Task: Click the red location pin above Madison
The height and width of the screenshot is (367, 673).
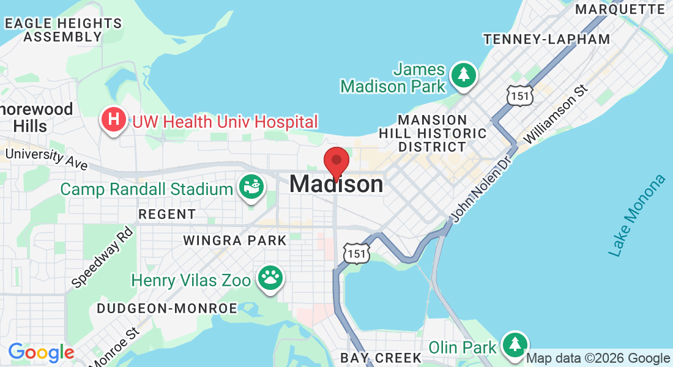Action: coord(336,162)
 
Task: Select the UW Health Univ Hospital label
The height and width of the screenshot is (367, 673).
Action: coord(225,121)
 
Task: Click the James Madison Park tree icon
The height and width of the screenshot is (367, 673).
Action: coord(464,75)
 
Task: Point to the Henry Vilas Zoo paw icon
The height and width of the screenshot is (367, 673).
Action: coord(270,278)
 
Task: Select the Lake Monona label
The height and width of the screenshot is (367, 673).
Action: coord(636,215)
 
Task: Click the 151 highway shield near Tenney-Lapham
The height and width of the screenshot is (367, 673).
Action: coord(520,95)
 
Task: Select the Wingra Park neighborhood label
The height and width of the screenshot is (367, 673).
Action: coord(235,240)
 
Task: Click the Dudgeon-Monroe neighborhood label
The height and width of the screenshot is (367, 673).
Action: coord(166,308)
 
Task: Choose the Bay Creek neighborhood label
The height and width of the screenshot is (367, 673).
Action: coord(381,357)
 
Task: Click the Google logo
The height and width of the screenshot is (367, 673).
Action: coord(41,353)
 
